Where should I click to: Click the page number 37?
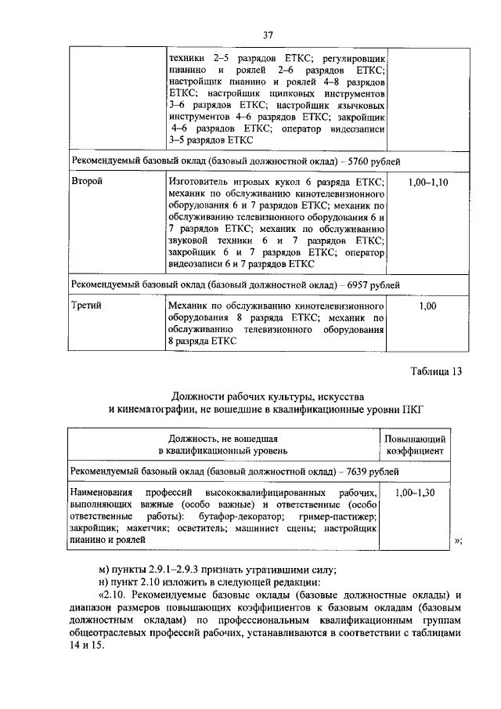point(268,35)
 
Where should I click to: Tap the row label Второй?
point(87,182)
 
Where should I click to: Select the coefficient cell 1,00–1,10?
point(427,182)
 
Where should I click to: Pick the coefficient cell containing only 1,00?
point(427,306)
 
